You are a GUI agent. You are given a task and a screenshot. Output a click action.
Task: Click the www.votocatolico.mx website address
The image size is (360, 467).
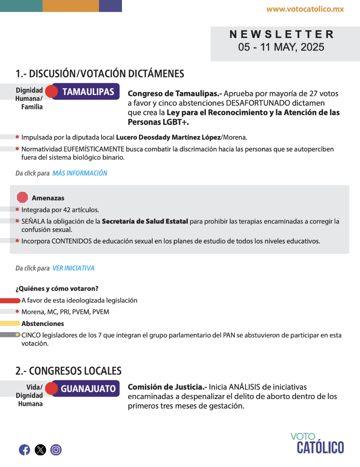pos(305,9)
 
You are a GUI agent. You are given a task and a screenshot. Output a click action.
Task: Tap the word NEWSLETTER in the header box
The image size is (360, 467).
pos(282,34)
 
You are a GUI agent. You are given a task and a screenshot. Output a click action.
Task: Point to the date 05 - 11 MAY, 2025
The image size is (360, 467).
pos(281,47)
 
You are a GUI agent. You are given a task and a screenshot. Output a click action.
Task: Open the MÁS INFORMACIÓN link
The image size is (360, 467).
pos(80,173)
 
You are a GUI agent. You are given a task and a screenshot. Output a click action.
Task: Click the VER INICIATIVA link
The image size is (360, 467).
pos(74,268)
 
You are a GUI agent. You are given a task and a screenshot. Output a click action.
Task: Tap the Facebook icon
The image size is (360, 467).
pos(25,450)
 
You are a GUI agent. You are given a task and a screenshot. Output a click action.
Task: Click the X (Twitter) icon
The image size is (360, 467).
pos(40,450)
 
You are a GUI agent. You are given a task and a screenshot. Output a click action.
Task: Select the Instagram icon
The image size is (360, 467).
pos(56,450)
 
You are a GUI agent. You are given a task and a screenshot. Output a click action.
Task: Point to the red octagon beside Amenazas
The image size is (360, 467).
pos(23,198)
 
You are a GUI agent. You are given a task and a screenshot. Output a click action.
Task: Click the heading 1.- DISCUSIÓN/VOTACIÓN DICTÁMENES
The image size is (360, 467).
pos(100,74)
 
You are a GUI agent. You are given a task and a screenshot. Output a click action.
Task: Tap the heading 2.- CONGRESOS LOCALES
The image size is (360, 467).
pos(68,371)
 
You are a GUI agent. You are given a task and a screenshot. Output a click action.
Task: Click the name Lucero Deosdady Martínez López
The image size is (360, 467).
pos(168,137)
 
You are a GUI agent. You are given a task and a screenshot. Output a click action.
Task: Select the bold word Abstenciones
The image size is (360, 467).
pos(43,324)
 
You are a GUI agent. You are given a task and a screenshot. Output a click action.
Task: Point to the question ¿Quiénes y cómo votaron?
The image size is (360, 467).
pos(57,289)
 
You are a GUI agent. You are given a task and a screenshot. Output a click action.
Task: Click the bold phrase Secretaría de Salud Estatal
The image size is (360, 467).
pos(145,221)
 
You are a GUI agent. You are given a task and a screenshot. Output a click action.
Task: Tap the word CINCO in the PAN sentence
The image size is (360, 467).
pos(31,335)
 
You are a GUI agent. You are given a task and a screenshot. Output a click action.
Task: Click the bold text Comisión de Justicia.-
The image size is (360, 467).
pos(167,387)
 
